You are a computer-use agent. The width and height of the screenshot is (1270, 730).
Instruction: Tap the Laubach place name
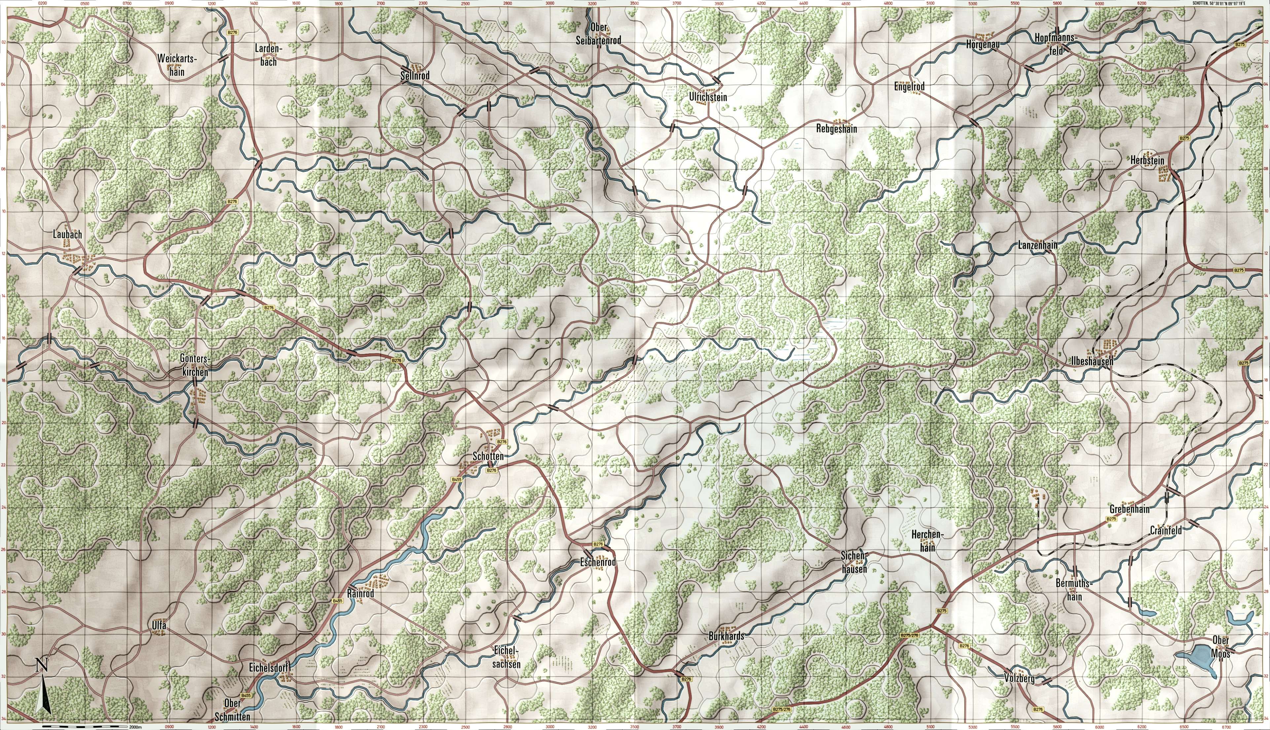[x=67, y=234]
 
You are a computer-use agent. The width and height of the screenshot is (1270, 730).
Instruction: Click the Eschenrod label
[x=598, y=563]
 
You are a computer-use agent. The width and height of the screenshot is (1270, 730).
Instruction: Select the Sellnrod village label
[x=415, y=76]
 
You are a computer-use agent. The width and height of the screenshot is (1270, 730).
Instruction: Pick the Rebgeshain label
[x=836, y=129]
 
